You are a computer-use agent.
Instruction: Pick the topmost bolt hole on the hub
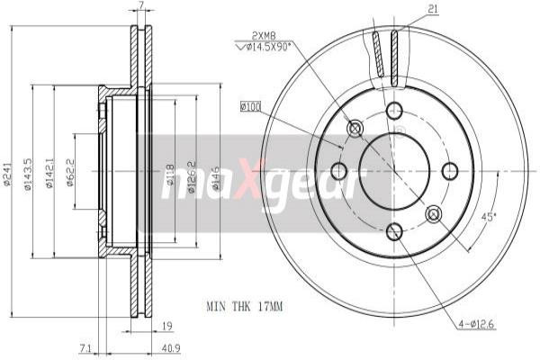(x=394, y=111)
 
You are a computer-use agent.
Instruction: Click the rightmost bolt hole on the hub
(x=451, y=170)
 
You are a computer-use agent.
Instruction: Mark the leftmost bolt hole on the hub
(x=338, y=171)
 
